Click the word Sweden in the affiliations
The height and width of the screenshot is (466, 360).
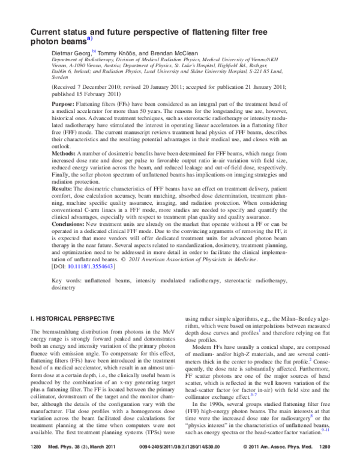coord(60,77)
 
